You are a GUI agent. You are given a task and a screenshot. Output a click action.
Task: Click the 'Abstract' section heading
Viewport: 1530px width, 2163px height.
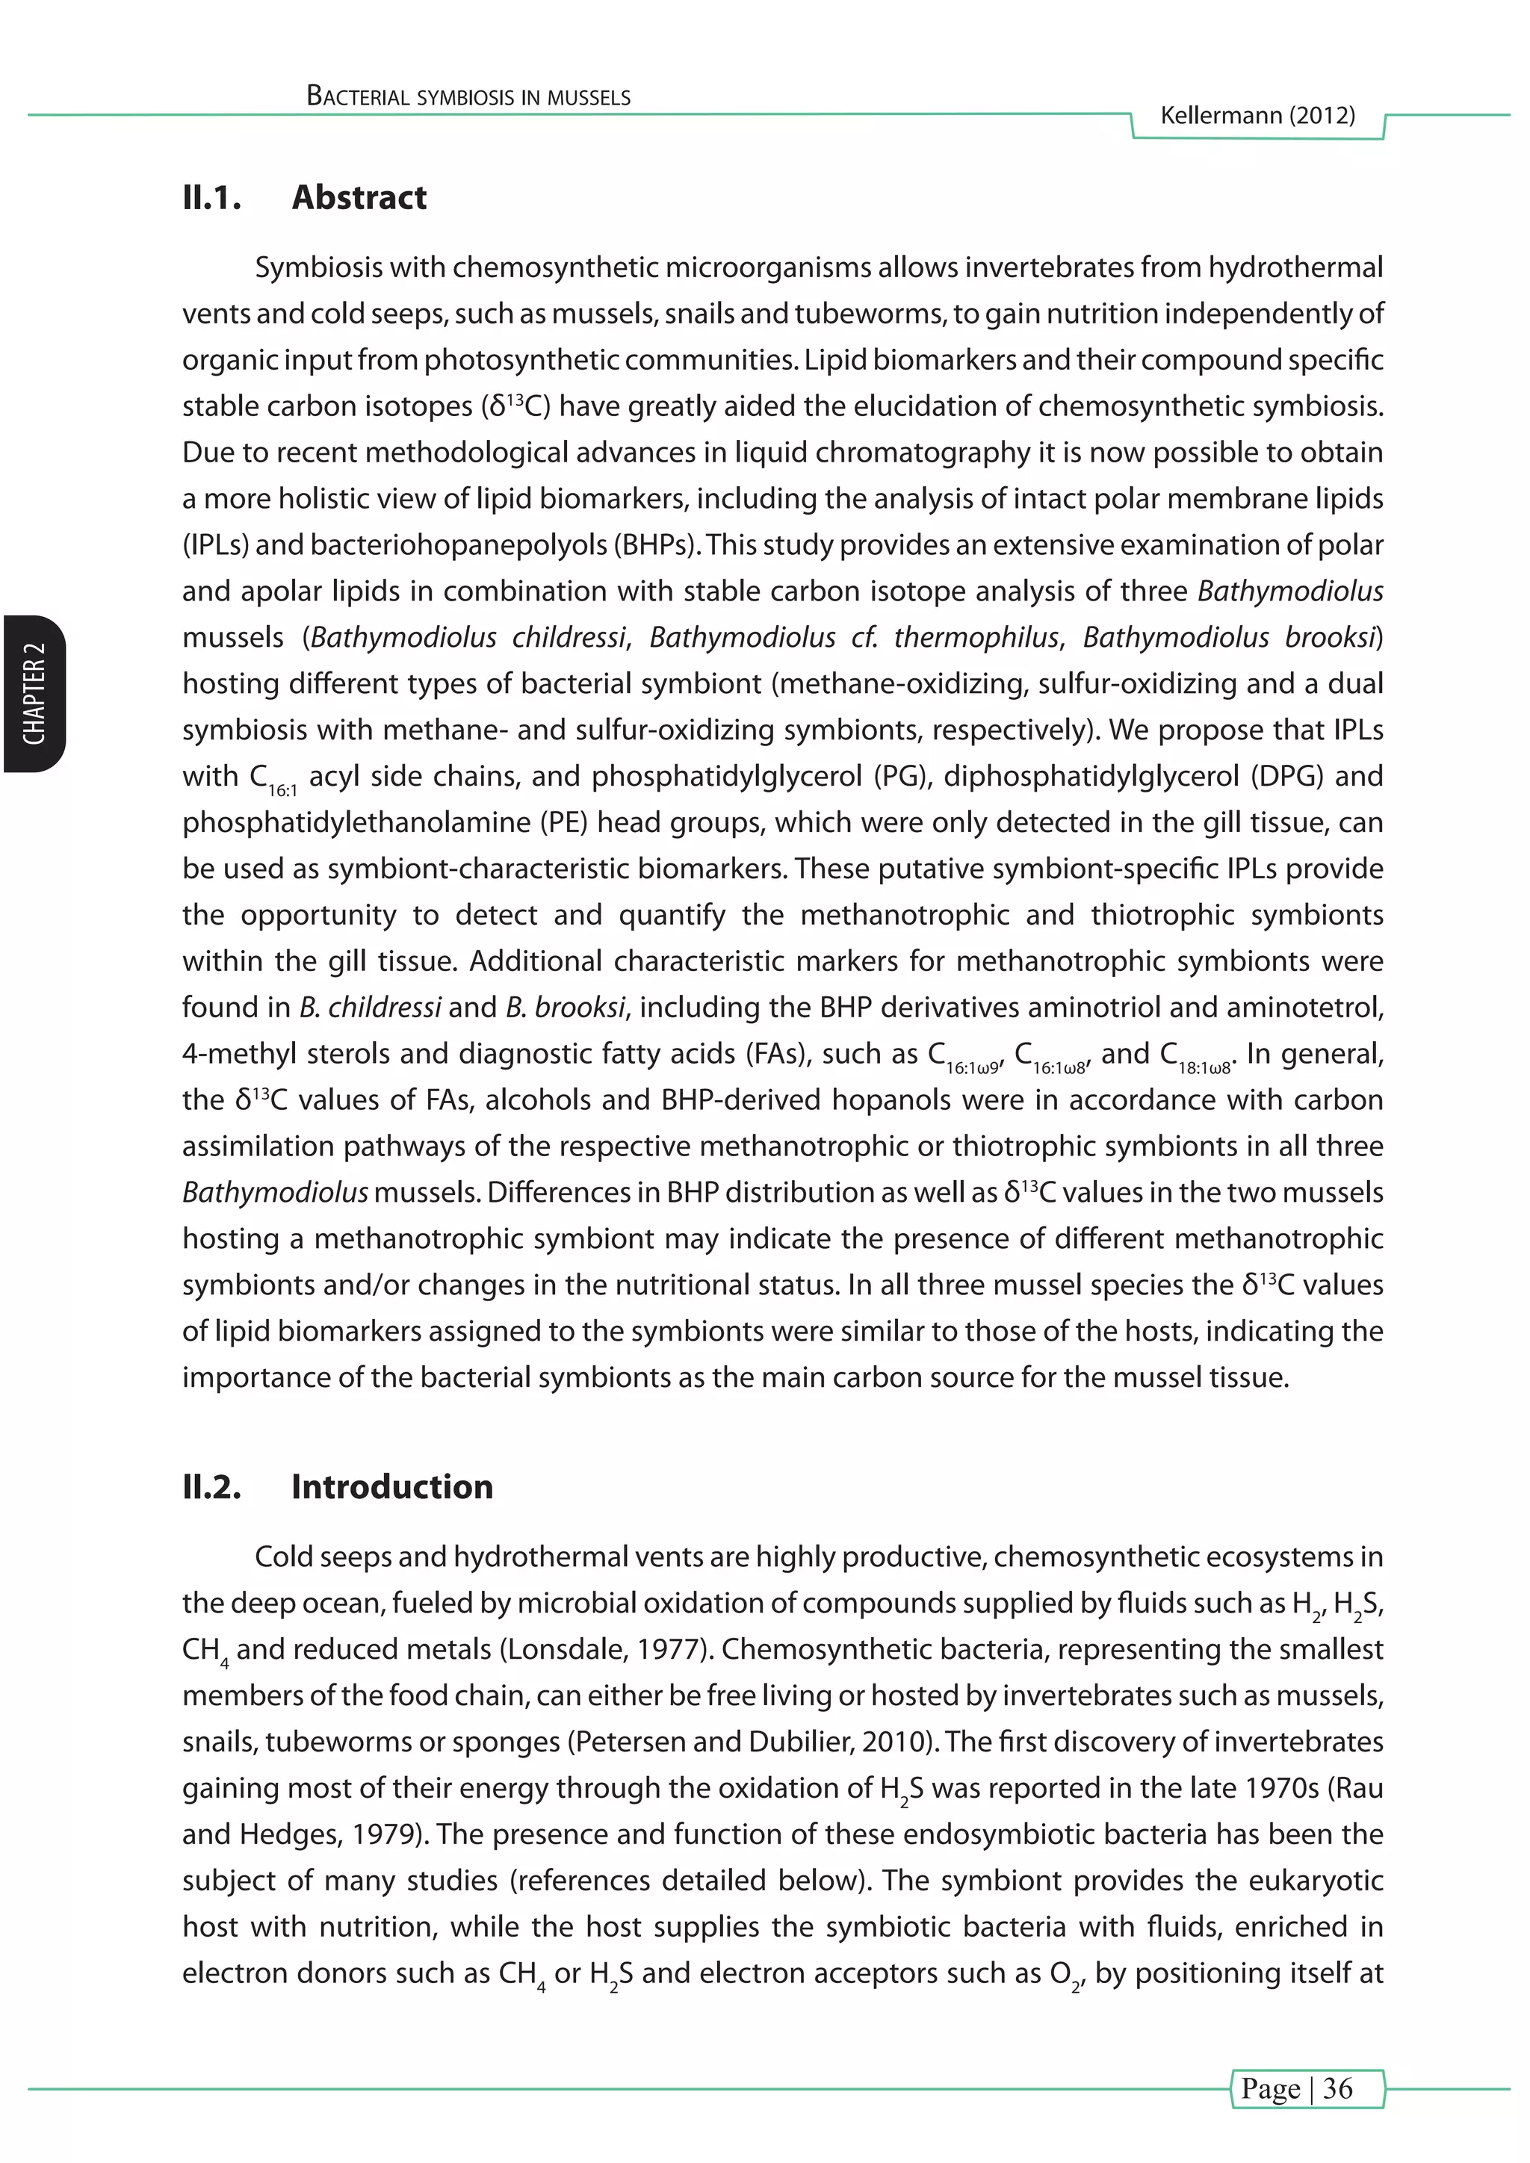359,198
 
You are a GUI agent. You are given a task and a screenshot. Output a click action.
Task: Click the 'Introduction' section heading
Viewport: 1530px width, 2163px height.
392,1486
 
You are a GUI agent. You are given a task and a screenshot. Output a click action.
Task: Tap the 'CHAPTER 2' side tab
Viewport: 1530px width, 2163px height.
34,695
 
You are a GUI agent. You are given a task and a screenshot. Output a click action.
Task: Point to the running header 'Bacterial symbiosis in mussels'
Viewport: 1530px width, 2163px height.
468,97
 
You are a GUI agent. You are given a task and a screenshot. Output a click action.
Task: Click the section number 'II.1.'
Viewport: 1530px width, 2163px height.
212,198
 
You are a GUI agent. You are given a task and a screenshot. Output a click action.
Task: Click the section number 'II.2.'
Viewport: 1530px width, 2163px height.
212,1486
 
